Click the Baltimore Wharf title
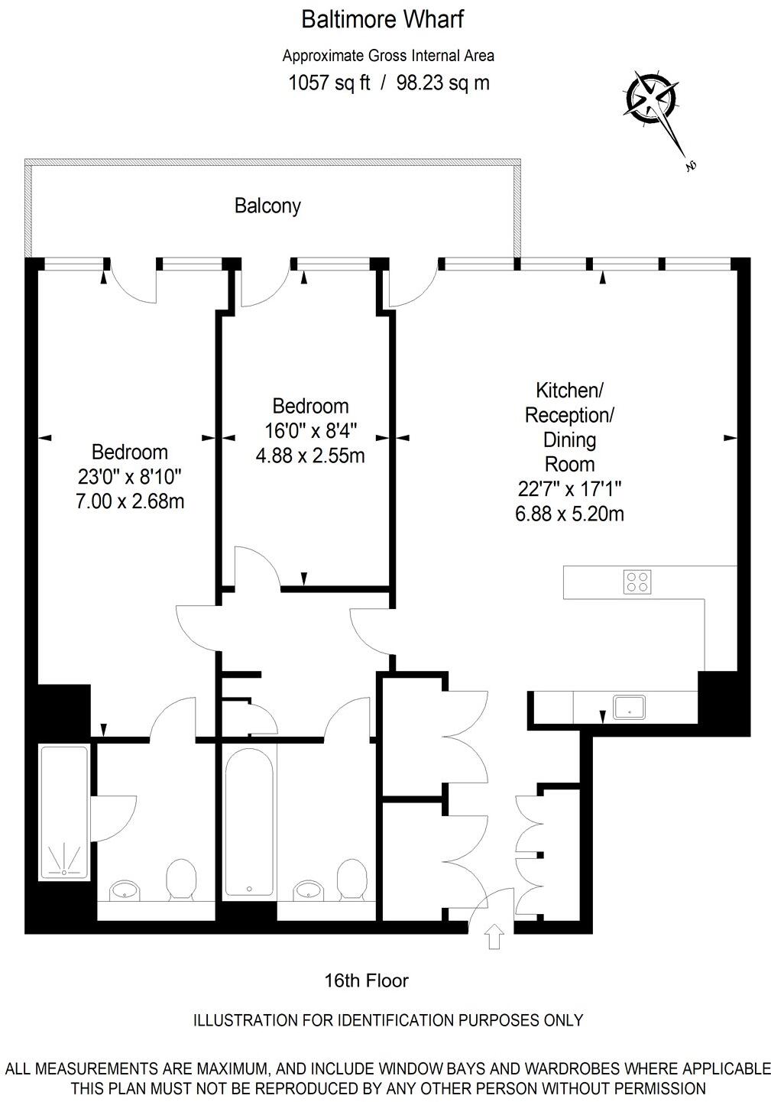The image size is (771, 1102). pyautogui.click(x=382, y=19)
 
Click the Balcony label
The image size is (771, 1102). pyautogui.click(x=267, y=206)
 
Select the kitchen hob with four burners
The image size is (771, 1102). pyautogui.click(x=637, y=582)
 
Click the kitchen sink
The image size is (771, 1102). pyautogui.click(x=629, y=707)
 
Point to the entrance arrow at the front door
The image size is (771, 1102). pyautogui.click(x=494, y=935)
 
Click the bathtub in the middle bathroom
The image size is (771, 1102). pyautogui.click(x=249, y=822)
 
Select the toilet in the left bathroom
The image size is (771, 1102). pyautogui.click(x=181, y=879)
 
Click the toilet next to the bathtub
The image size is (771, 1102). pyautogui.click(x=352, y=879)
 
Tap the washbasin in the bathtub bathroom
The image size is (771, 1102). pyautogui.click(x=308, y=890)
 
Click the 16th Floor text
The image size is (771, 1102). pyautogui.click(x=367, y=980)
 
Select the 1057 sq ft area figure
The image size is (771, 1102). pyautogui.click(x=329, y=83)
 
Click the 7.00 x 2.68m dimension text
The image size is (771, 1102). pyautogui.click(x=130, y=501)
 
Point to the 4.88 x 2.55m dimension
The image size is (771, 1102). pyautogui.click(x=309, y=455)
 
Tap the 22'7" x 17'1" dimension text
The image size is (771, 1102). pyautogui.click(x=569, y=489)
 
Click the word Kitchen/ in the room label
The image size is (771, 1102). pyautogui.click(x=569, y=391)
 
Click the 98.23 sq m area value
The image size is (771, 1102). pyautogui.click(x=443, y=83)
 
